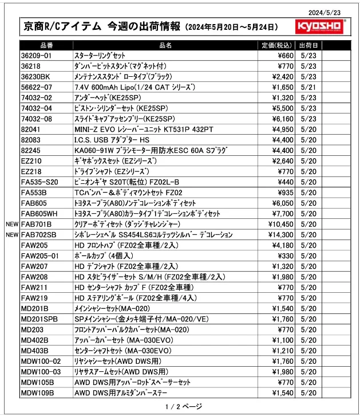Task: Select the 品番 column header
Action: click(x=46, y=45)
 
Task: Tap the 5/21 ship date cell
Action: click(x=308, y=87)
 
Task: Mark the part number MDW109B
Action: click(x=37, y=393)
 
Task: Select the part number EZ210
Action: click(x=31, y=161)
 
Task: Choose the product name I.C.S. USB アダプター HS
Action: click(x=112, y=140)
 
